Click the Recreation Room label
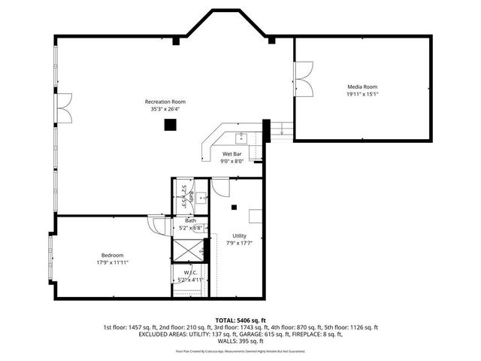click(x=165, y=102)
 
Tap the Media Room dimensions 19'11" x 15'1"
click(x=362, y=95)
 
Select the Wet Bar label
click(x=231, y=153)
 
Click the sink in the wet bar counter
click(x=242, y=138)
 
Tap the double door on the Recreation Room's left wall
click(x=63, y=108)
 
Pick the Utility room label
click(x=238, y=236)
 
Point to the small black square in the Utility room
click(x=234, y=207)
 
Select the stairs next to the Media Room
click(x=281, y=129)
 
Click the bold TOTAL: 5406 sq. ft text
click(x=240, y=320)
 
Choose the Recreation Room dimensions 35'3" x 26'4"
click(x=165, y=109)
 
